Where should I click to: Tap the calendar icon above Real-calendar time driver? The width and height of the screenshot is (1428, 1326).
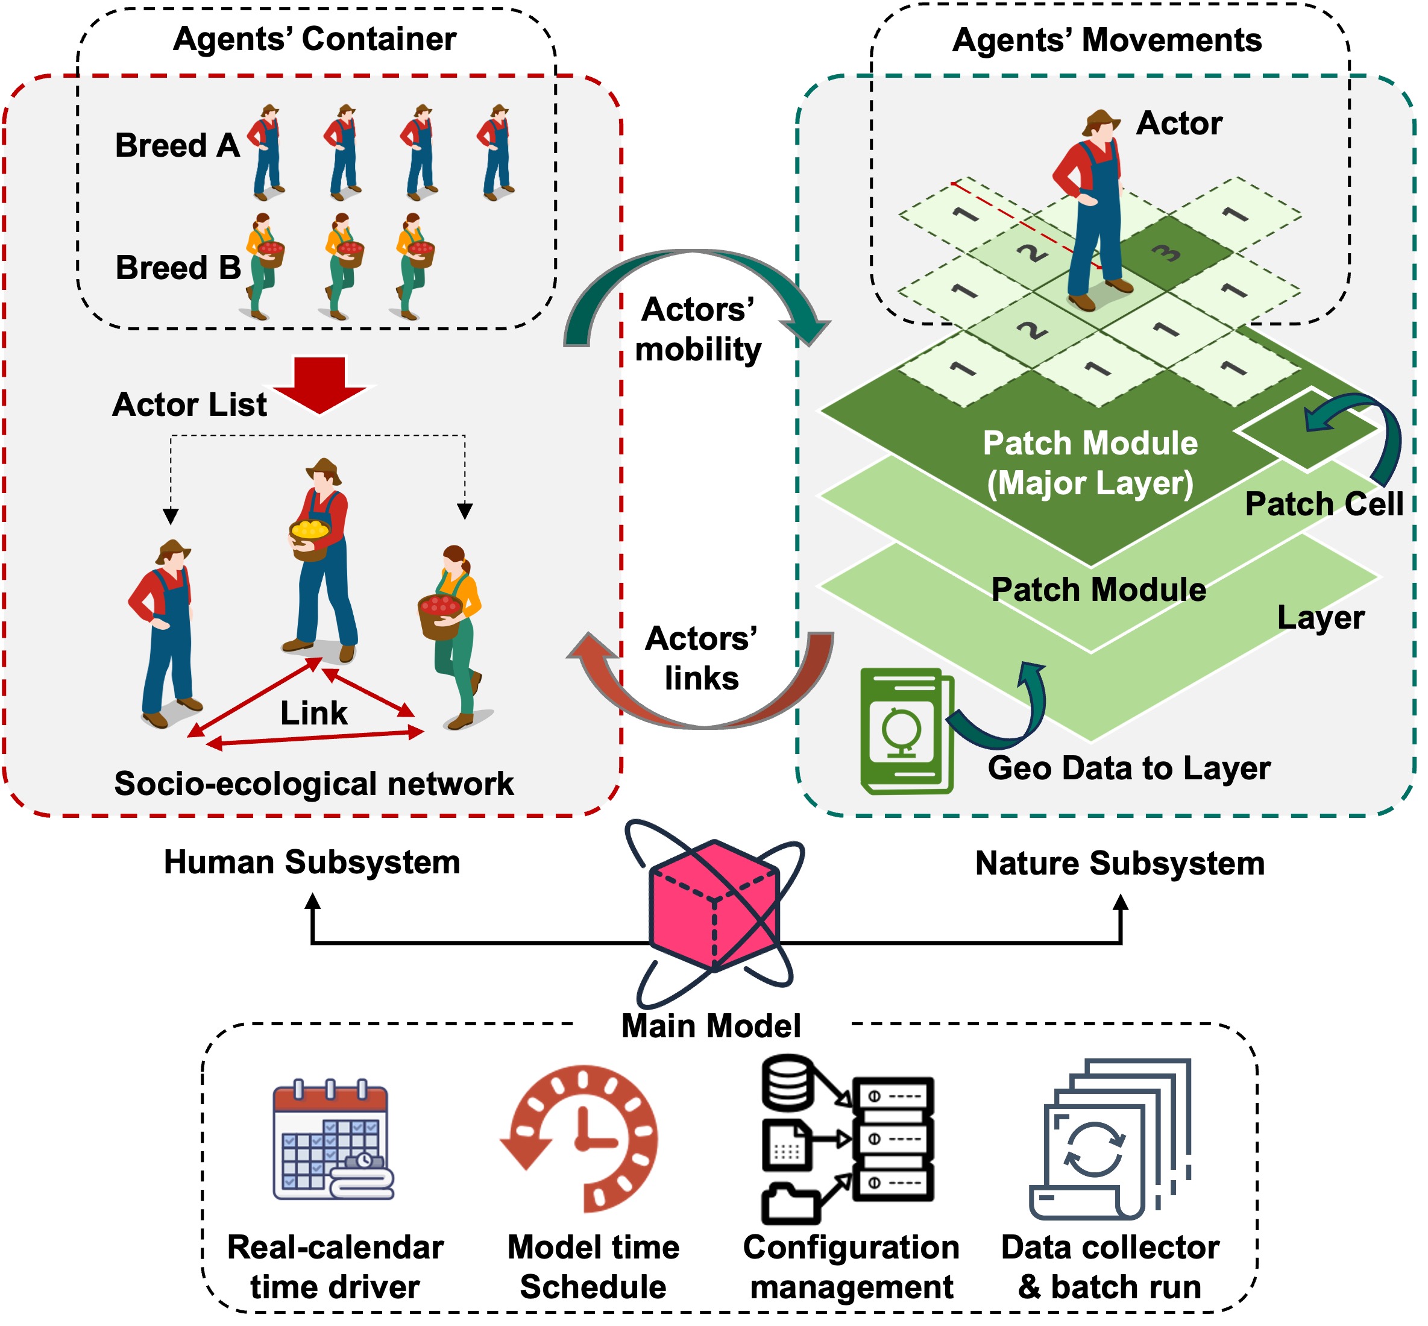tap(332, 1140)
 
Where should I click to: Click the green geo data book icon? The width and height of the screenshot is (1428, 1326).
tap(905, 731)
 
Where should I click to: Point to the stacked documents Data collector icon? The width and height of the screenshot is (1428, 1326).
tap(1109, 1140)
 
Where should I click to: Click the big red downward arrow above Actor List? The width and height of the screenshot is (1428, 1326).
tap(319, 385)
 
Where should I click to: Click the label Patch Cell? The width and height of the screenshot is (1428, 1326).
tap(1323, 504)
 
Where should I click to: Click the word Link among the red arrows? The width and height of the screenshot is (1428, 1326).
tap(313, 713)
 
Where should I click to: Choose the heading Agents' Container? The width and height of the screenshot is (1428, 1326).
tap(314, 39)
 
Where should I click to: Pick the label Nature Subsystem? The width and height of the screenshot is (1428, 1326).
tap(1119, 863)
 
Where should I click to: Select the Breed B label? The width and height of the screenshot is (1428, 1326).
tap(178, 268)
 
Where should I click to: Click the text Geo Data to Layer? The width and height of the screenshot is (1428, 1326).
tap(1129, 768)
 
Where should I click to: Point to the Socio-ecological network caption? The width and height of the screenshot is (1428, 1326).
tap(313, 784)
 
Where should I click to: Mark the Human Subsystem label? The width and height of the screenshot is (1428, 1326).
tap(312, 862)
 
